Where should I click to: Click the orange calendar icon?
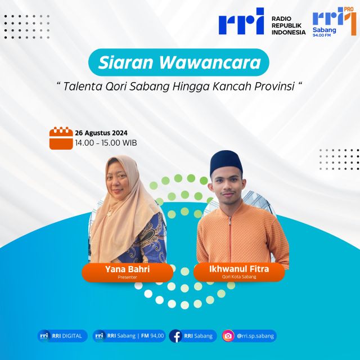click(x=61, y=138)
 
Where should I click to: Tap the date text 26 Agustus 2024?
click(x=101, y=133)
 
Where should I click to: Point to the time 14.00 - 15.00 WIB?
click(x=106, y=143)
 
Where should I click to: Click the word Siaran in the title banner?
click(x=125, y=62)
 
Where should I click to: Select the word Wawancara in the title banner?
click(x=210, y=62)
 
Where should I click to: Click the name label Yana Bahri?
click(x=128, y=269)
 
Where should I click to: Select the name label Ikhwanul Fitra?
click(x=239, y=269)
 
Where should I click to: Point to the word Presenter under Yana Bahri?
click(x=128, y=277)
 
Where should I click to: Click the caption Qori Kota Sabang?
click(x=239, y=277)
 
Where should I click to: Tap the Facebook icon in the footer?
click(x=176, y=336)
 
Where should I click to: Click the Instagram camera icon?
click(x=228, y=336)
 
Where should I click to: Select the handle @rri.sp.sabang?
click(x=255, y=336)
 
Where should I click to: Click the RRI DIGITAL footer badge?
click(x=62, y=336)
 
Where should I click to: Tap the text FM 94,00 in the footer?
click(x=152, y=336)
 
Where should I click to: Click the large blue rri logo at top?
click(x=241, y=21)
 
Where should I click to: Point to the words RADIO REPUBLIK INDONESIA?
click(x=289, y=25)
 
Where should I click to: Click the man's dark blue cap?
click(x=226, y=162)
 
